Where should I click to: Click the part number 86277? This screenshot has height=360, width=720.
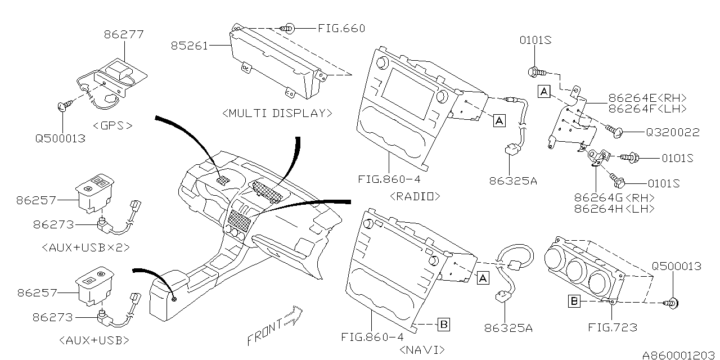coord(124,34)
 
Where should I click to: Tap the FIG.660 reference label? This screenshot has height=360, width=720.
coord(341,28)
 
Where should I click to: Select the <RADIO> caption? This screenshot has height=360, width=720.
coord(415,196)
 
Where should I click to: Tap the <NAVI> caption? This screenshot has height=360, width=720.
coord(422,350)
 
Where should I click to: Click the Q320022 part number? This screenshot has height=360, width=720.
coord(673,133)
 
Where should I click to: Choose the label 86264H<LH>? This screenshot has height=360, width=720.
coord(615,209)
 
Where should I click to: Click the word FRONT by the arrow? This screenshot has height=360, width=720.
coord(264,332)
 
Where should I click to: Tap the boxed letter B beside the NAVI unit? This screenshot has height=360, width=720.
coord(443,324)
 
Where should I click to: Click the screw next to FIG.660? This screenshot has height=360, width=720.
coord(289,28)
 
